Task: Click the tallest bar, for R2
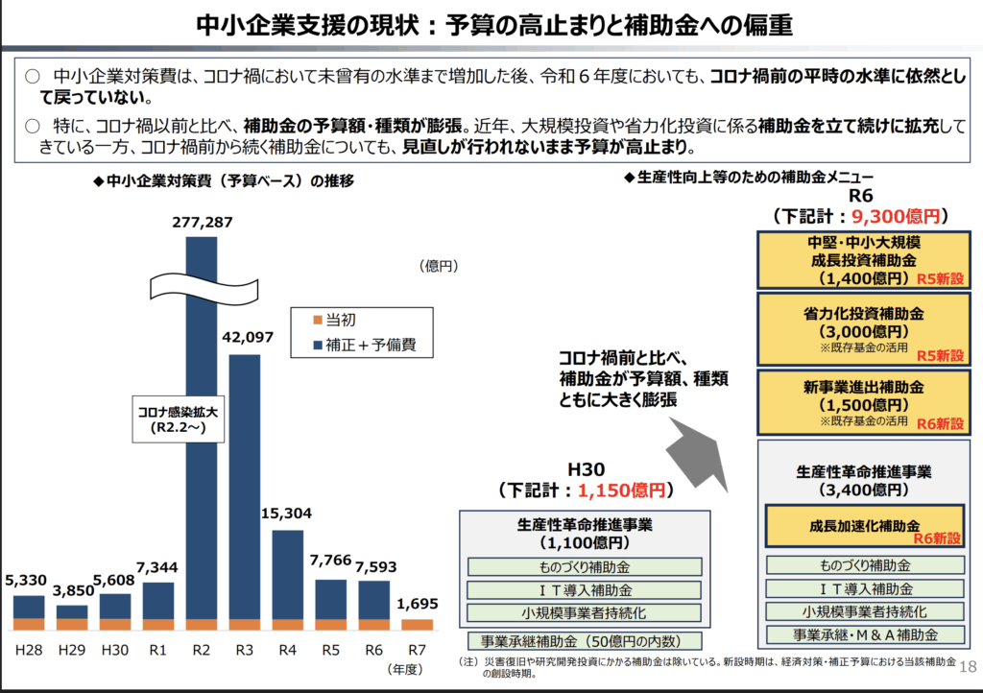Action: pos(201,432)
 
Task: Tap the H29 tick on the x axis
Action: pos(72,650)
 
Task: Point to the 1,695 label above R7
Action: pos(417,603)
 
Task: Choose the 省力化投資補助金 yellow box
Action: pos(863,328)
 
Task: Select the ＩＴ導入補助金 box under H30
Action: pos(585,590)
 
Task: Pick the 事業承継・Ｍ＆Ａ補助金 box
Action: pos(864,634)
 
